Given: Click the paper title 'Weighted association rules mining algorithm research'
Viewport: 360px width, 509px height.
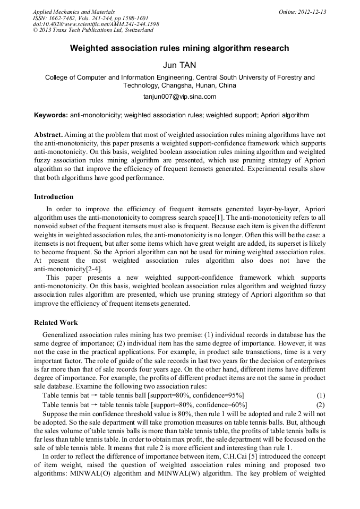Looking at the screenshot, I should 179,48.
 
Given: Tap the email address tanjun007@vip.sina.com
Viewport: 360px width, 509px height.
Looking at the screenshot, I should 179,97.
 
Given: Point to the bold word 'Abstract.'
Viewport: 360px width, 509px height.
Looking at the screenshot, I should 49,135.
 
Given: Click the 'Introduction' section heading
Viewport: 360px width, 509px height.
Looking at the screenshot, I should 54,197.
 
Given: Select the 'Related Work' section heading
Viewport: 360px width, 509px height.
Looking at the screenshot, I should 56,322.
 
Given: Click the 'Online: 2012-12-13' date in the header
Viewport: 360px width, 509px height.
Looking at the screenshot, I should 302,12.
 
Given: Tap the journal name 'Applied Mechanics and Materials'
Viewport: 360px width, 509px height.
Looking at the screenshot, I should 73,12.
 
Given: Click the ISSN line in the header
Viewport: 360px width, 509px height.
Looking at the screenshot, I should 90,18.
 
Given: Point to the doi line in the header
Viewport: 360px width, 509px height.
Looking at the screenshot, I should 96,24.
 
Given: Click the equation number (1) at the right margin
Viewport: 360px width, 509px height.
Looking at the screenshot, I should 321,395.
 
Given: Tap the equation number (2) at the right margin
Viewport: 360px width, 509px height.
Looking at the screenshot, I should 321,404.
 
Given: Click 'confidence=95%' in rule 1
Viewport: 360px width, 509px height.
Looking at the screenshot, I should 219,395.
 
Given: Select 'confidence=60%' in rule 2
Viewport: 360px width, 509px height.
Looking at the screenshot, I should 221,404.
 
